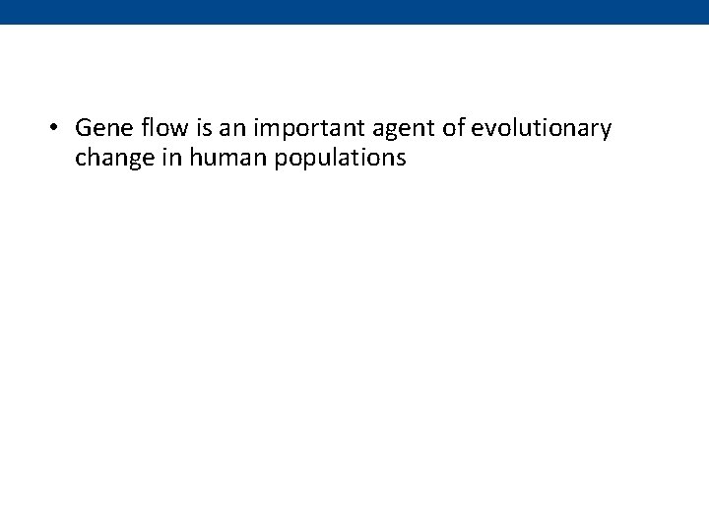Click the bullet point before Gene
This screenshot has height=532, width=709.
click(56, 129)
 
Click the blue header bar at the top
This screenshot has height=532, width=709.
click(354, 12)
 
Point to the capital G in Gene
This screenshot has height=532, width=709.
click(83, 128)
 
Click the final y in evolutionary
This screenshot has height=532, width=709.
click(606, 131)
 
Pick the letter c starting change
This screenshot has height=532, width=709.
click(80, 159)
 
